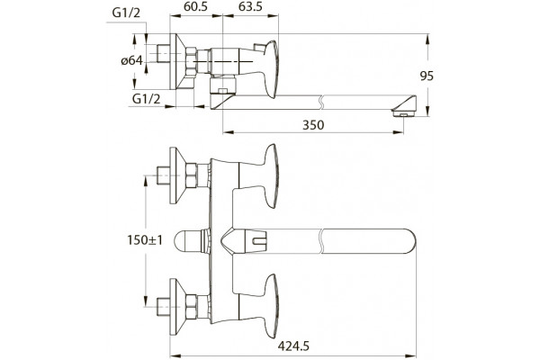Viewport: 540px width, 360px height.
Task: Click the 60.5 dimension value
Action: pos(195,6)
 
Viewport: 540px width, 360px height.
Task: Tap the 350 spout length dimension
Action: pos(313,125)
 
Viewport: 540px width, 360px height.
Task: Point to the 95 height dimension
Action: pos(427,76)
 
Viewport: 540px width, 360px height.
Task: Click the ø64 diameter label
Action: pos(131,61)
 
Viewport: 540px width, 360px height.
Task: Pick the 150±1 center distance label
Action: pos(145,239)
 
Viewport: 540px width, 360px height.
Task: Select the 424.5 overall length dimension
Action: pos(293,346)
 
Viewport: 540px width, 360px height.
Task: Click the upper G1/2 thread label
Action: pos(126,13)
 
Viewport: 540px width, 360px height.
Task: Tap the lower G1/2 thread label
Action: pos(147,99)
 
